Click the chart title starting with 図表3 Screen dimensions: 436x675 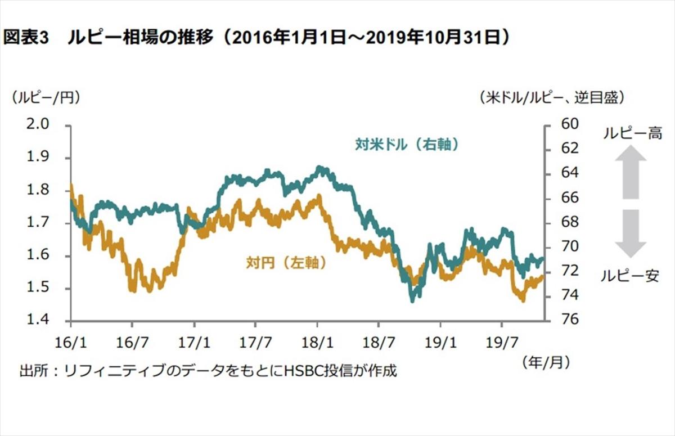[x=258, y=38]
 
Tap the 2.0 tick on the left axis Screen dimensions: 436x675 [x=38, y=124]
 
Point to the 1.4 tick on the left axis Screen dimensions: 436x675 [x=38, y=321]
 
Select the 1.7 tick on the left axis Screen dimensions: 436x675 [x=38, y=223]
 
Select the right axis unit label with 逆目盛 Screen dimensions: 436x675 [x=552, y=97]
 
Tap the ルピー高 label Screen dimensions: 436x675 [x=632, y=133]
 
